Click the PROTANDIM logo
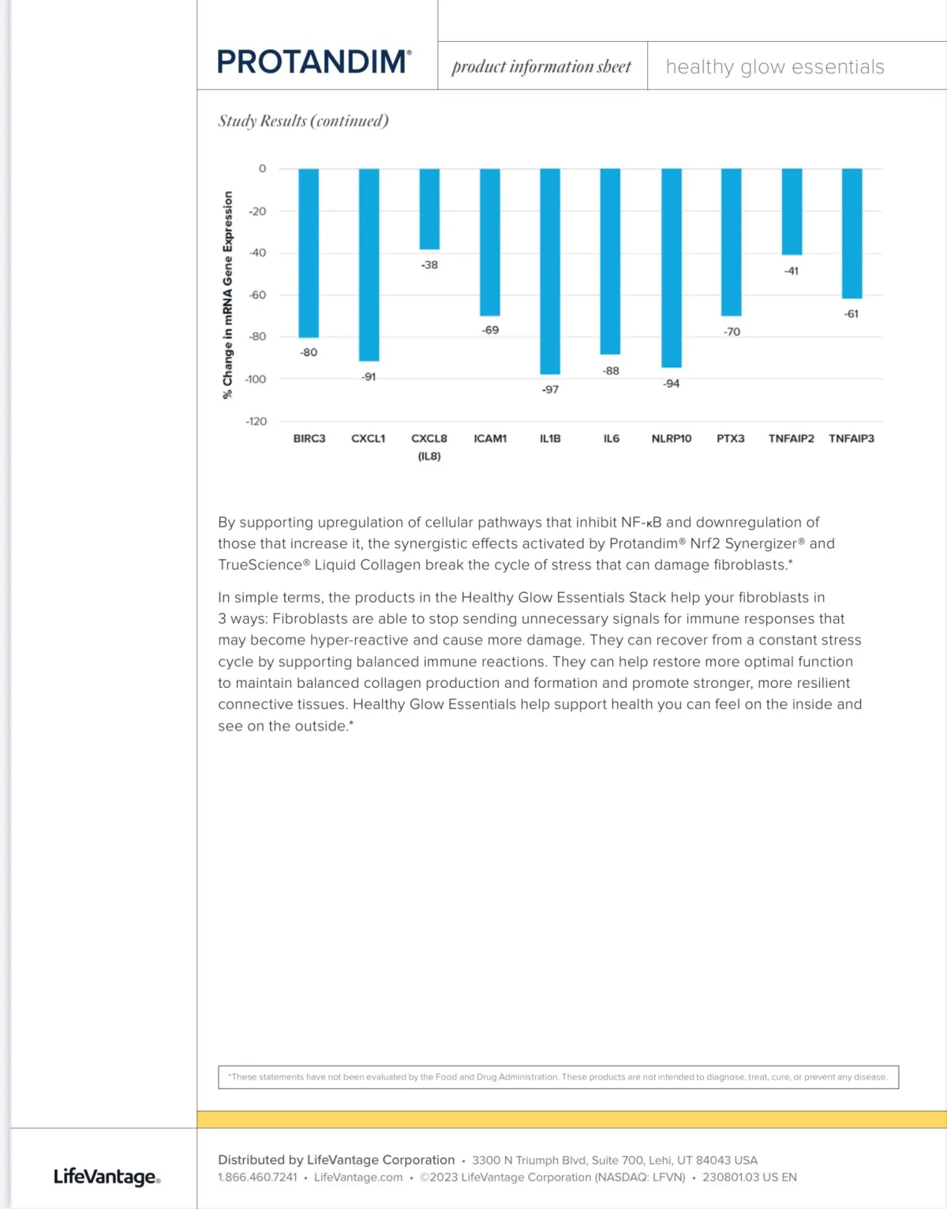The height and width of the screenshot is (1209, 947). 313,62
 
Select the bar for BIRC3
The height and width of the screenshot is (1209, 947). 309,253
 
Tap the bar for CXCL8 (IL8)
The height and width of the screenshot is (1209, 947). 429,209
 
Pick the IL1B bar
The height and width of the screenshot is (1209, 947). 550,271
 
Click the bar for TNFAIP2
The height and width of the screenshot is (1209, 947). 792,212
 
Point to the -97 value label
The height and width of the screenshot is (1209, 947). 550,389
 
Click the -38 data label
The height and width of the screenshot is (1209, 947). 429,265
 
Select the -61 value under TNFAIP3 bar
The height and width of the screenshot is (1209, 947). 852,314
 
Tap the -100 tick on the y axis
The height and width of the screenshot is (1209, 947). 256,379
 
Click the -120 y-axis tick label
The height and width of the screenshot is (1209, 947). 256,422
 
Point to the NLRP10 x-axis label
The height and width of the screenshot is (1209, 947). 672,438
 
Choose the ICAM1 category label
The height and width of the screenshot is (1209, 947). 490,438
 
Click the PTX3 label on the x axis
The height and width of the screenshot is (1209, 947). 731,438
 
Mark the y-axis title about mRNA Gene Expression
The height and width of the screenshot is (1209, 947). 228,295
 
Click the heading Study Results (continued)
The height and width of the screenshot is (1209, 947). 303,121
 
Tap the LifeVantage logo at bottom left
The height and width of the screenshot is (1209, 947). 107,1177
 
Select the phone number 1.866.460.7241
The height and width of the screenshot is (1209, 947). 258,1177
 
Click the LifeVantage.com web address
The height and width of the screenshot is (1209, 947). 358,1177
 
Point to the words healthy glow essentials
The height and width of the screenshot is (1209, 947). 774,67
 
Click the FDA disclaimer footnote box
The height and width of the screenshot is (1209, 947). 558,1077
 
